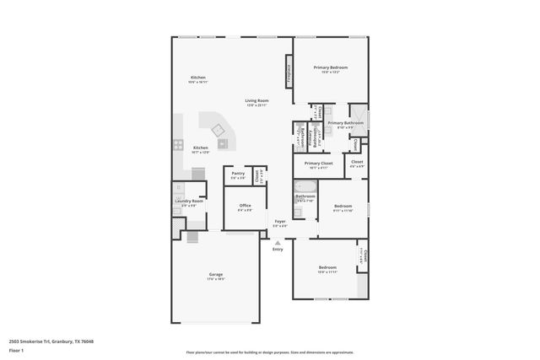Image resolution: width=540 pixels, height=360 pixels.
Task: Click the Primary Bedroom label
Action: pos(330,67)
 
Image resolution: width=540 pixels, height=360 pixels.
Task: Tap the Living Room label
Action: pos(256,100)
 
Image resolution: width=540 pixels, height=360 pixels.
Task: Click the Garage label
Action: pos(215,274)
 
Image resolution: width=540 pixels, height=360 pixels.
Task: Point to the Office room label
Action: pos(245,205)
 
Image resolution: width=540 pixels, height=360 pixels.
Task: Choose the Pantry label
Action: pos(238,173)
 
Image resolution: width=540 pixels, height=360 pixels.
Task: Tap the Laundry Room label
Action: pos(188,201)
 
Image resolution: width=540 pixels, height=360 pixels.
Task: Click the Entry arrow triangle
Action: pos(278,242)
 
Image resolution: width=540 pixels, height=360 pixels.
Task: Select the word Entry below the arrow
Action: pos(278,250)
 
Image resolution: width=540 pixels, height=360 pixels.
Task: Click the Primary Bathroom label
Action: pos(346,123)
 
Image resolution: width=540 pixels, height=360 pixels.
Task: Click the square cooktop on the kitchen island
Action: pos(219,129)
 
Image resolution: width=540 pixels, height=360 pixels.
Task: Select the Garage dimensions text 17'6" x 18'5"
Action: pos(215,279)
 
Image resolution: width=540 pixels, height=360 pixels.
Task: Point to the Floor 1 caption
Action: pos(17,349)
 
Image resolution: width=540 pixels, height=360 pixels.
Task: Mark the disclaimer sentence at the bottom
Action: pos(270,352)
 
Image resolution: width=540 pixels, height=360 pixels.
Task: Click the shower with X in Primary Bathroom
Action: pos(359,114)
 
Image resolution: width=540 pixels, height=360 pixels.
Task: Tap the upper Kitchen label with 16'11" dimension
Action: pos(198,78)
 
